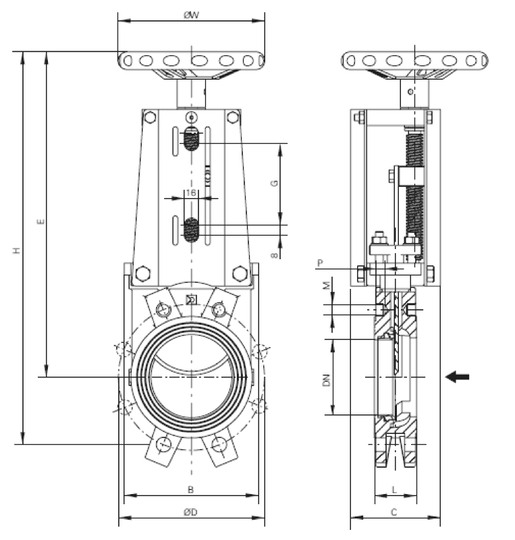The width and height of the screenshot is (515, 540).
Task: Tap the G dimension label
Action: (x=275, y=183)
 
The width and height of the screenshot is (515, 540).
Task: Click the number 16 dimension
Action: (x=190, y=193)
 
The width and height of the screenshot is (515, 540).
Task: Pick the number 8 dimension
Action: (x=275, y=256)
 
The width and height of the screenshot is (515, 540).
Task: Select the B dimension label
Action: (x=191, y=489)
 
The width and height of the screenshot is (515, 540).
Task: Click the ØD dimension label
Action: (x=191, y=512)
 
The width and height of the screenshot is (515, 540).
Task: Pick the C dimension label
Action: (x=394, y=512)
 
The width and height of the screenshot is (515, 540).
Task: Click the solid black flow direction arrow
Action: (x=458, y=377)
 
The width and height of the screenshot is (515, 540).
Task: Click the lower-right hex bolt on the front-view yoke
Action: (x=240, y=273)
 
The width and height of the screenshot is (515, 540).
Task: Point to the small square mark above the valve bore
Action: (x=192, y=300)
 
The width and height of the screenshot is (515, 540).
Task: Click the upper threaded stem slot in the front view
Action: (x=192, y=141)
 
